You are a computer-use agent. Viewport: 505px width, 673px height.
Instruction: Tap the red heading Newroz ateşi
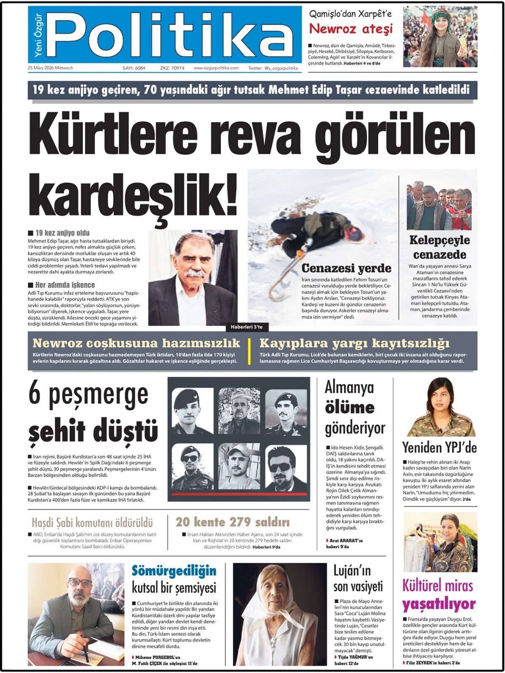point(351,29)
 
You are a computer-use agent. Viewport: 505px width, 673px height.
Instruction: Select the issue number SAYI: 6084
point(134,68)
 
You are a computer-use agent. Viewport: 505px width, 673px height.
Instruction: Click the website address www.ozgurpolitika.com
point(216,68)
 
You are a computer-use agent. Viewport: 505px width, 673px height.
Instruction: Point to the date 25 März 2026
point(50,68)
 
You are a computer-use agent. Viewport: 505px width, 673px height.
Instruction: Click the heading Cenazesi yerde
point(346,268)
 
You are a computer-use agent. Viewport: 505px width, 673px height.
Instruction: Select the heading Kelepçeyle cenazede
point(439,247)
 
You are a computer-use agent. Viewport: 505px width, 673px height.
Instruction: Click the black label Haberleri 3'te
point(247,327)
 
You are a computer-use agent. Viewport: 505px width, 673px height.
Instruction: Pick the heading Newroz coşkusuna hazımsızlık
point(136,343)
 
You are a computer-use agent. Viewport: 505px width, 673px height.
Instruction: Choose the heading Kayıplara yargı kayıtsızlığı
point(354,343)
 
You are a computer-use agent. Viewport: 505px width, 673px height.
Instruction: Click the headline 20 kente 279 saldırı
point(232,522)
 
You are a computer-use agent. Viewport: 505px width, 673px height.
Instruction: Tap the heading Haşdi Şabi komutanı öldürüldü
point(92,523)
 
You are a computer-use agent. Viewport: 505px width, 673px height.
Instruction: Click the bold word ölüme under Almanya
point(349,407)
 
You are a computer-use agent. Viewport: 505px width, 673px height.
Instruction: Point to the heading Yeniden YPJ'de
point(439,447)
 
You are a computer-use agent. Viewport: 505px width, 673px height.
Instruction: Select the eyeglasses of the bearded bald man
point(80,583)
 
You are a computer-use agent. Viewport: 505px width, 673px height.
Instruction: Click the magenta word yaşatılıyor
point(439,604)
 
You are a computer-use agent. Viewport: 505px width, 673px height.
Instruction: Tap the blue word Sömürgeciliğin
point(174,571)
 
